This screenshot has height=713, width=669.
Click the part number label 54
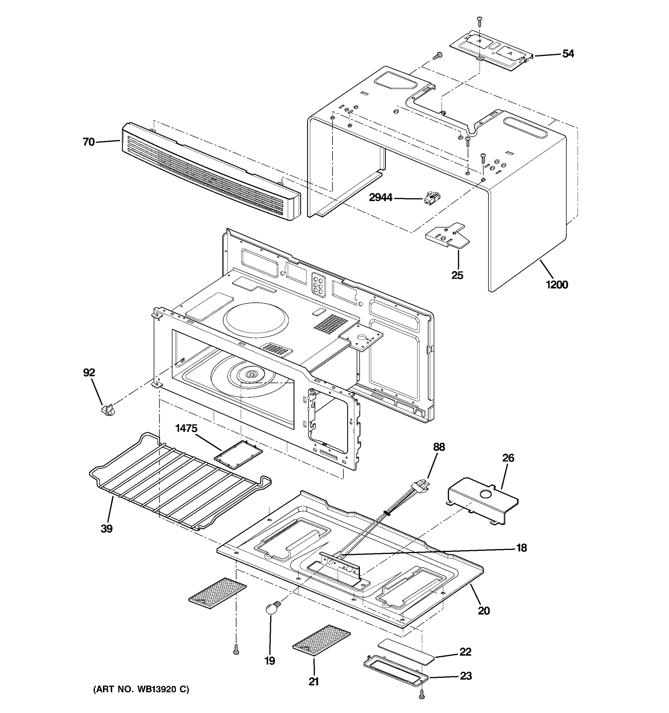pyautogui.click(x=568, y=54)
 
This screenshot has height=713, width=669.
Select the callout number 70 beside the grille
pyautogui.click(x=89, y=142)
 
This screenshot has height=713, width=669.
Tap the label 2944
pyautogui.click(x=381, y=198)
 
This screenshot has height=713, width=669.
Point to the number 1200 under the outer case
pyautogui.click(x=557, y=285)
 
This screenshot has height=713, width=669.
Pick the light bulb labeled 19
pyautogui.click(x=272, y=609)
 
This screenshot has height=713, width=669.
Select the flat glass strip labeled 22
pyautogui.click(x=406, y=650)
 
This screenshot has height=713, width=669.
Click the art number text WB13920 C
pyautogui.click(x=141, y=689)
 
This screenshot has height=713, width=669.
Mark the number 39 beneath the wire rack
pyautogui.click(x=107, y=529)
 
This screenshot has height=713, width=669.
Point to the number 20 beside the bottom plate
pyautogui.click(x=483, y=611)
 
